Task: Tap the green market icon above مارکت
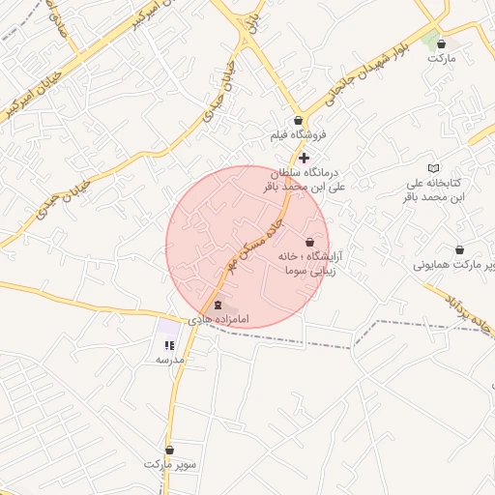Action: point(441,43)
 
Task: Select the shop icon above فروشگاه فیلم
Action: point(298,120)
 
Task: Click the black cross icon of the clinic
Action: point(304,158)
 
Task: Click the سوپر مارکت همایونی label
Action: point(454,264)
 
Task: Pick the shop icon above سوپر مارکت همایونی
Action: point(459,249)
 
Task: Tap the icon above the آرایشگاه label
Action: point(309,242)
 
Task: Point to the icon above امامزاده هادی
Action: point(217,305)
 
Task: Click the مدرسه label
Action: point(170,359)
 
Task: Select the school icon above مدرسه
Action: point(169,344)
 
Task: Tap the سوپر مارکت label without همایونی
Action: point(170,464)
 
